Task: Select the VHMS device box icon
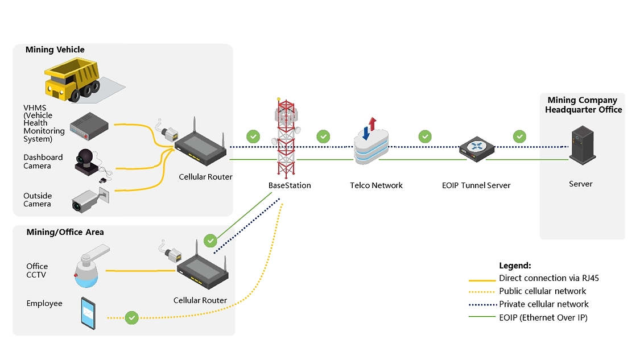pyautogui.click(x=89, y=126)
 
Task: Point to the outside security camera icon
pyautogui.click(x=90, y=200)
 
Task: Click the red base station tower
pyautogui.click(x=286, y=138)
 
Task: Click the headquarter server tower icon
pyautogui.click(x=583, y=145)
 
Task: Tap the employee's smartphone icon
pyautogui.click(x=88, y=313)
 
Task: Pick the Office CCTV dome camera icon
pyautogui.click(x=91, y=266)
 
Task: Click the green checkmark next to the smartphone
pyautogui.click(x=132, y=317)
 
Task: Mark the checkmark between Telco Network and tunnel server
pyautogui.click(x=425, y=136)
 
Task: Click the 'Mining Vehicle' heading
pyautogui.click(x=55, y=50)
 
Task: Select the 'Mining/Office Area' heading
pyautogui.click(x=65, y=232)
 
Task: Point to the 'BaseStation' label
pyautogui.click(x=290, y=185)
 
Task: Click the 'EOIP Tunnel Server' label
pyautogui.click(x=476, y=185)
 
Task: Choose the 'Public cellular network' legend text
pyautogui.click(x=543, y=291)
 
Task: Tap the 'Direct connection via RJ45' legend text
pyautogui.click(x=549, y=278)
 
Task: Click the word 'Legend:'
pyautogui.click(x=515, y=266)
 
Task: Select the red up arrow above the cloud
pyautogui.click(x=372, y=123)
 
